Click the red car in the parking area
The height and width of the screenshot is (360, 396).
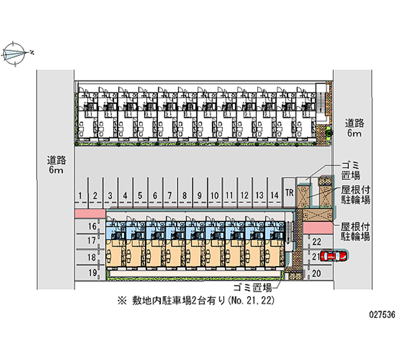pos(334,256)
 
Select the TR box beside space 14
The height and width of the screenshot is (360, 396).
pos(289,192)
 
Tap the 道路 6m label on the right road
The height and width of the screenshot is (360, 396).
pos(353,128)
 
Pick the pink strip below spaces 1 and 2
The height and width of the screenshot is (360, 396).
pos(89,213)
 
